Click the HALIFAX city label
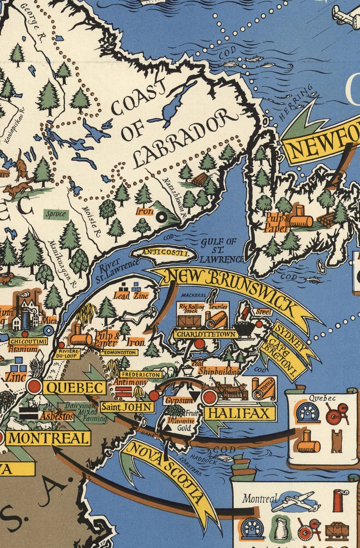(240, 413)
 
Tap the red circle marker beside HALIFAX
(209, 397)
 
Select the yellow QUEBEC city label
(75, 388)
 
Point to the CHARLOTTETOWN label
(205, 334)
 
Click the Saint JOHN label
(126, 407)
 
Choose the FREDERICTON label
(141, 375)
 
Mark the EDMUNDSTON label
(118, 352)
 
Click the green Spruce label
(56, 213)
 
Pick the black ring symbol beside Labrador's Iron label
(160, 218)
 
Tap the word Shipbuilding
(219, 371)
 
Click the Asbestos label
(56, 415)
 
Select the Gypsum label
(176, 401)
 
